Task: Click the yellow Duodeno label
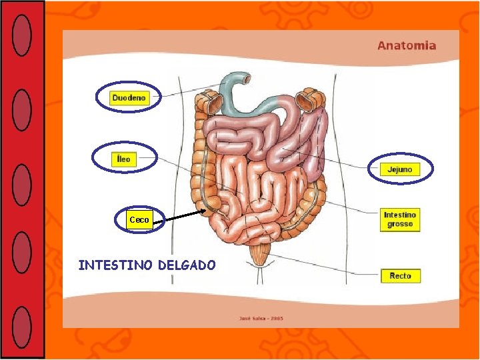pyautogui.click(x=128, y=98)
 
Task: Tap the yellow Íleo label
pyautogui.click(x=123, y=159)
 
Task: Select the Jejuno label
pyautogui.click(x=400, y=169)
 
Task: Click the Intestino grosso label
pyautogui.click(x=400, y=219)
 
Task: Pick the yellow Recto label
pyautogui.click(x=400, y=275)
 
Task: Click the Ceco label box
pyautogui.click(x=139, y=219)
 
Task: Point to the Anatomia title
pyautogui.click(x=407, y=46)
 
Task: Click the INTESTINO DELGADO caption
pyautogui.click(x=147, y=265)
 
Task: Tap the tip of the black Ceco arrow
pyautogui.click(x=206, y=211)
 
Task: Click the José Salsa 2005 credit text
pyautogui.click(x=261, y=319)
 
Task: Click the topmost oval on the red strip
pyautogui.click(x=22, y=35)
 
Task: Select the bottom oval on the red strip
pyautogui.click(x=22, y=327)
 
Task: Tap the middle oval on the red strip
pyautogui.click(x=22, y=184)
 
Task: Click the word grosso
pyautogui.click(x=400, y=225)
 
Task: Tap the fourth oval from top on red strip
pyautogui.click(x=22, y=252)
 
